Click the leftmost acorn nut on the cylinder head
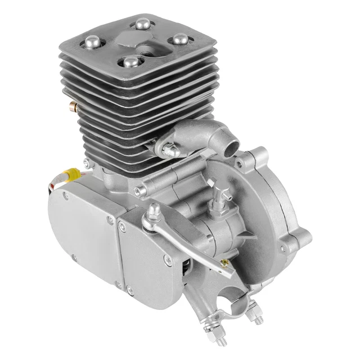coord(91,41)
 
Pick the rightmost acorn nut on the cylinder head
coord(181,39)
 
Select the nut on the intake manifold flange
coord(169,149)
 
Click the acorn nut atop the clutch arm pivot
coord(153,211)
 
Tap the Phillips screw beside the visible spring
coord(167,260)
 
